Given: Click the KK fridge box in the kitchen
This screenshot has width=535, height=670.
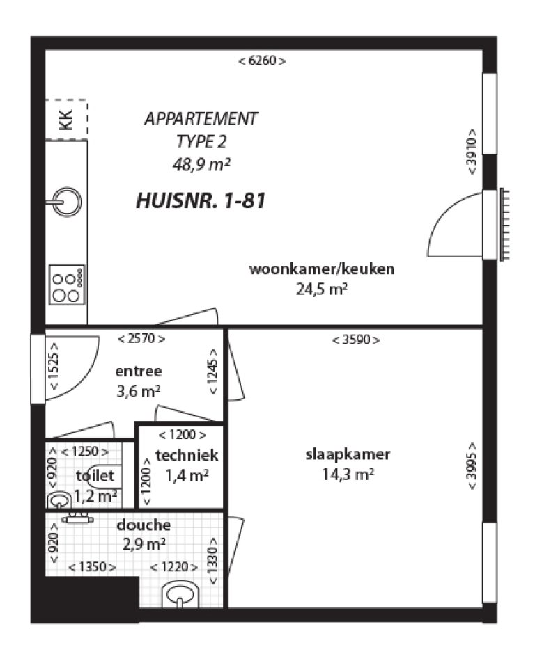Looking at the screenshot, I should point(67,120).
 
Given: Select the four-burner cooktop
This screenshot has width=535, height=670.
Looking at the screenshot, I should point(67,285).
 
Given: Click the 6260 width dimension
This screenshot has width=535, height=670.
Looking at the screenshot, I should point(262,61).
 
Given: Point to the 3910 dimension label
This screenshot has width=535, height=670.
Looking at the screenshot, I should point(472,152).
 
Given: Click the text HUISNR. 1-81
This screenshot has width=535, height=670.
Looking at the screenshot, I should point(201,202).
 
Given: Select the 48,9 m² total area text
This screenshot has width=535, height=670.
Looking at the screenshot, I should point(201,164).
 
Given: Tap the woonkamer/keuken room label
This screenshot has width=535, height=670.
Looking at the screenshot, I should point(321,269).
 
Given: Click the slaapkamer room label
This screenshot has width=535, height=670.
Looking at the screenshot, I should point(348,455).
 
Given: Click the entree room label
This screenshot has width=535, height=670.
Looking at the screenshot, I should point(138,371).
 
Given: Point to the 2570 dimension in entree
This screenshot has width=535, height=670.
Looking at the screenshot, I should point(141,339).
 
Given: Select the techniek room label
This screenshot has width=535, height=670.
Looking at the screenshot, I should point(187,456).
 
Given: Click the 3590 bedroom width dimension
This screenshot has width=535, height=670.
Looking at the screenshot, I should point(356,340).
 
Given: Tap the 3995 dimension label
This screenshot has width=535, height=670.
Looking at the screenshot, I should point(472,466).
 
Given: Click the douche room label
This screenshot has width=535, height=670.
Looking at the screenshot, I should point(143,525).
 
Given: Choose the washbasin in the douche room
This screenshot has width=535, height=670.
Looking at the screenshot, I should point(180,596).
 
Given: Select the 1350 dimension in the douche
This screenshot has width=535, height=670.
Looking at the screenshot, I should point(92,567).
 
